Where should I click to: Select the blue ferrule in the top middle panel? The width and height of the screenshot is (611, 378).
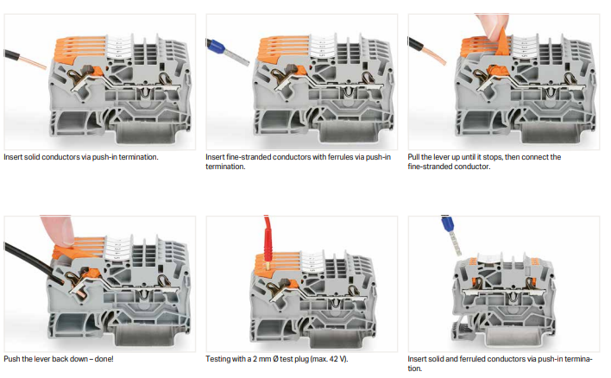pyautogui.click(x=217, y=48)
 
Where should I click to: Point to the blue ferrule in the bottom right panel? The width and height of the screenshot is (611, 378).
pyautogui.click(x=446, y=224)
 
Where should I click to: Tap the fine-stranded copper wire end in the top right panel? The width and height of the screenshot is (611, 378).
pyautogui.click(x=436, y=55)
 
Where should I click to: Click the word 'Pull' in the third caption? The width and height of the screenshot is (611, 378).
pyautogui.click(x=414, y=157)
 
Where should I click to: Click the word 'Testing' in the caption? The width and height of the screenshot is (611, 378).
pyautogui.click(x=217, y=359)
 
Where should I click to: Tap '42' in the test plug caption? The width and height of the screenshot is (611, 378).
pyautogui.click(x=333, y=359)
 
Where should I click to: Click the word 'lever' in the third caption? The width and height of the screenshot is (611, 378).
pyautogui.click(x=441, y=157)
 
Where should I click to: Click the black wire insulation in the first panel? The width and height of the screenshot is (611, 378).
pyautogui.click(x=12, y=54)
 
